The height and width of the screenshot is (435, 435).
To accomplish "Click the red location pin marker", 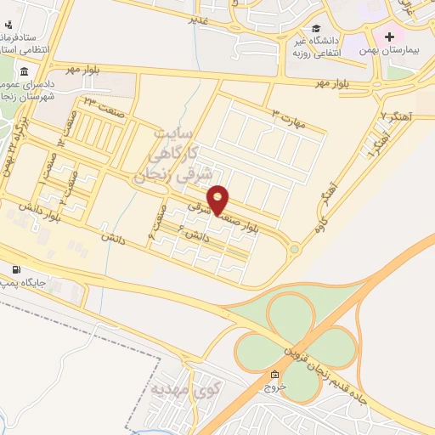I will point(219,200).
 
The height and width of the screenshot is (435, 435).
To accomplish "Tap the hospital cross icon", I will point(390,37).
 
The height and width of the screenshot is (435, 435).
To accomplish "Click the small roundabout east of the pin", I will point(294,250).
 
